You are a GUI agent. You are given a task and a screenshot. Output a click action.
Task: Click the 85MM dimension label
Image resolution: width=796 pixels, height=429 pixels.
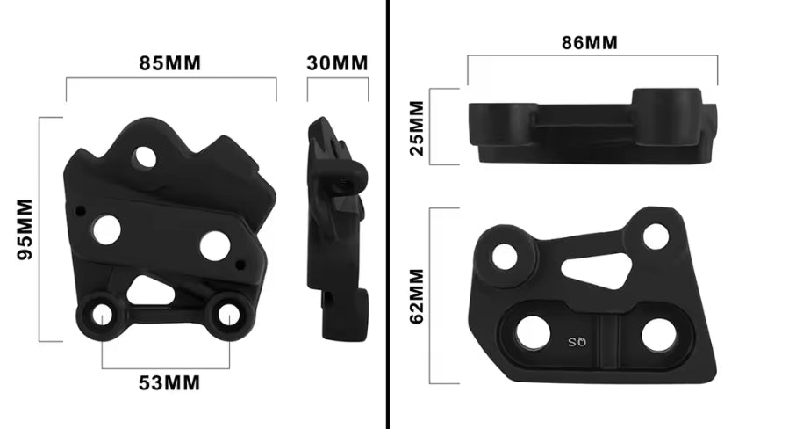170,63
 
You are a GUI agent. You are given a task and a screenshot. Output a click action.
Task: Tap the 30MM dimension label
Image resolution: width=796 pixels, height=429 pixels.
337,63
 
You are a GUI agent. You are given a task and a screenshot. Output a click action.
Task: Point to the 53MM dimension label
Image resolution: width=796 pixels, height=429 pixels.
169,382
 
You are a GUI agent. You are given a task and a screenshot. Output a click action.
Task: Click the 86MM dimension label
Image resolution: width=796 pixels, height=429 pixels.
588,42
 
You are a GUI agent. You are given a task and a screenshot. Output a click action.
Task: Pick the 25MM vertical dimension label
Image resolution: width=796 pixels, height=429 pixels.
418,126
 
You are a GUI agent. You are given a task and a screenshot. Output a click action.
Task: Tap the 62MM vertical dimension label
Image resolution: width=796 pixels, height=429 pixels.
418,296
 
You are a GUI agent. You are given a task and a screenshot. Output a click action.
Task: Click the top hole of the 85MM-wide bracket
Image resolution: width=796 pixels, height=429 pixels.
144,157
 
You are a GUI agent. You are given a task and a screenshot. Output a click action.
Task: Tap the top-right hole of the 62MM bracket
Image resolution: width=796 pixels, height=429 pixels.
655,236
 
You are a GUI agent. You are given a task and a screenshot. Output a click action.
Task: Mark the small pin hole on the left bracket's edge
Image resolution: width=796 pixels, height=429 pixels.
81,210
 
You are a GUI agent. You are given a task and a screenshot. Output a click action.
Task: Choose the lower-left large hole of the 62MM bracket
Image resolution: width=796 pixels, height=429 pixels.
533,332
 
